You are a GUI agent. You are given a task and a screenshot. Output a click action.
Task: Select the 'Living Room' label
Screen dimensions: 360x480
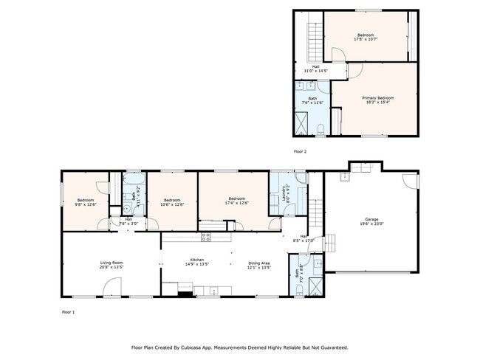[112, 262]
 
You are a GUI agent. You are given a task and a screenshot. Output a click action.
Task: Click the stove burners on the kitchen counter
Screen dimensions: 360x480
[206, 237]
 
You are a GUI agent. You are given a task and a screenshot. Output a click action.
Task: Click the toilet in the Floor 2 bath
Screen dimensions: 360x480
[320, 130]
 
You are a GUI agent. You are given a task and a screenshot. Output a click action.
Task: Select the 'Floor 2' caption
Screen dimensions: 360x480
[300, 151]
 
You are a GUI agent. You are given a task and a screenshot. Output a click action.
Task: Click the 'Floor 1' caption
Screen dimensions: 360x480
[68, 312]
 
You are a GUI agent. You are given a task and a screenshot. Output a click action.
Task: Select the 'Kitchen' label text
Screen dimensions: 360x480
[197, 260]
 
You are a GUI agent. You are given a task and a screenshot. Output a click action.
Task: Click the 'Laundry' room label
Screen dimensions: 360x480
[285, 193]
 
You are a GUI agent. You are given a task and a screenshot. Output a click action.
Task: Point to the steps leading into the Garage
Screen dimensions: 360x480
[329, 241]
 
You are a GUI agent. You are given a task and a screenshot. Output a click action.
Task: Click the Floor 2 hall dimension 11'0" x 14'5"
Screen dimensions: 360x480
[315, 71]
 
